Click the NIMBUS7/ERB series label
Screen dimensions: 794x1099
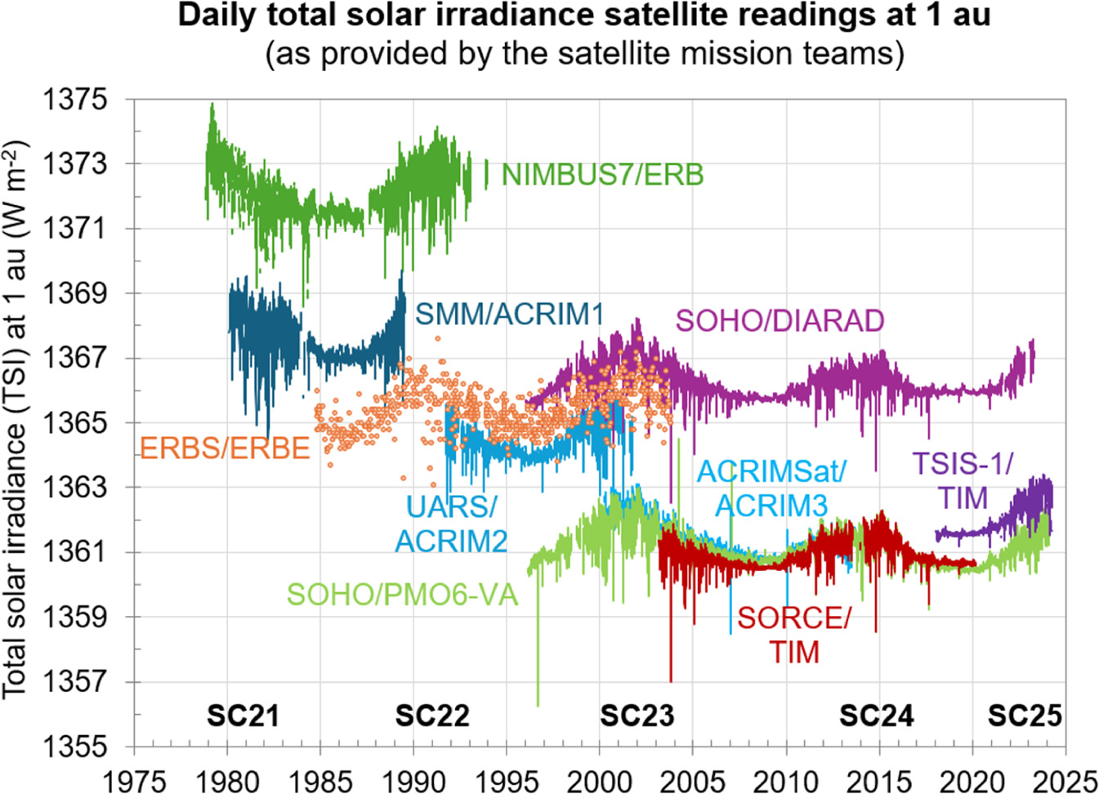tap(602, 175)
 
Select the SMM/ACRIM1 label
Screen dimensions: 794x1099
tap(509, 314)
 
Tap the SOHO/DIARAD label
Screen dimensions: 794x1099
tap(780, 320)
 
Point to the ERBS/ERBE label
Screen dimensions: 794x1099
tap(225, 448)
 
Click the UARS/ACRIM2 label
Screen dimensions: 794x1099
tap(451, 524)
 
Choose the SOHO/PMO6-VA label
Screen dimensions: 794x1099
tap(402, 595)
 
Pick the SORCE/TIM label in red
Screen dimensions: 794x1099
tap(793, 635)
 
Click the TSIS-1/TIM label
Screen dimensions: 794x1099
tap(963, 481)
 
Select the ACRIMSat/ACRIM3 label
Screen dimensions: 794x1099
tap(771, 488)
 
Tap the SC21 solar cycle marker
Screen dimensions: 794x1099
tap(243, 716)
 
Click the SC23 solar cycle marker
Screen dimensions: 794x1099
tap(637, 716)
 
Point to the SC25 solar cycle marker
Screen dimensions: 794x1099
tap(1025, 716)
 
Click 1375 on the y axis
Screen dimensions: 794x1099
tap(74, 100)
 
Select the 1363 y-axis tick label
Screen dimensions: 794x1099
tap(74, 487)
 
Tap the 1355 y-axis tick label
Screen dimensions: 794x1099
tap(74, 746)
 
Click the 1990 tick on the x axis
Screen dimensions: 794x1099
tap(413, 780)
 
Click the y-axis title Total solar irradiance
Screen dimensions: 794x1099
tap(16, 420)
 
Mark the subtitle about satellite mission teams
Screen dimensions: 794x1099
tap(584, 54)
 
